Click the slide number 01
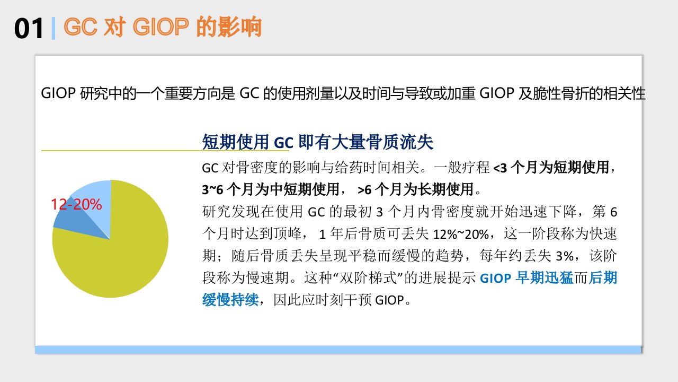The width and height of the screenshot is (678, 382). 29,28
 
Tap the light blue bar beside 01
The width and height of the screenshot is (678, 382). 53,29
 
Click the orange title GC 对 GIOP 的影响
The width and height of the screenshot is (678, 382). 163,27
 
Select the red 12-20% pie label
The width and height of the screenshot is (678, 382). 76,204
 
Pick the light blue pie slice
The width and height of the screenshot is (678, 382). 97,200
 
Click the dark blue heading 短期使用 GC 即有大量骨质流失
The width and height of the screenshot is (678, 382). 317,142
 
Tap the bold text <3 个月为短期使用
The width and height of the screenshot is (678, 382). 551,167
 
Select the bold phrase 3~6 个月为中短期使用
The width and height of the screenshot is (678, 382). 271,189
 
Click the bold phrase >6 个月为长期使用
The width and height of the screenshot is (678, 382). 415,189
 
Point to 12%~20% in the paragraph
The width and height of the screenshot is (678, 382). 461,234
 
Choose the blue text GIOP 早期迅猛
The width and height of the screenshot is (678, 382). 527,278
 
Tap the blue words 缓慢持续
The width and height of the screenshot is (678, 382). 230,300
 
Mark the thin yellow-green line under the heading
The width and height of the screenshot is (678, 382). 165,150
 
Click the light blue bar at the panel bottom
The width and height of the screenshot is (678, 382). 338,350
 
